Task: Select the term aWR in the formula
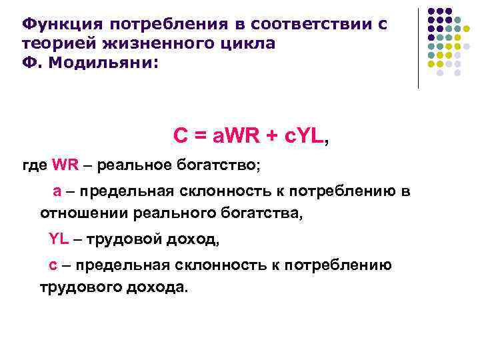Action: point(234,136)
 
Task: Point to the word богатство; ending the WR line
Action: point(217,165)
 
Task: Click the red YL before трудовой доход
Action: point(59,239)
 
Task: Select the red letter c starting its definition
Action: point(53,265)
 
